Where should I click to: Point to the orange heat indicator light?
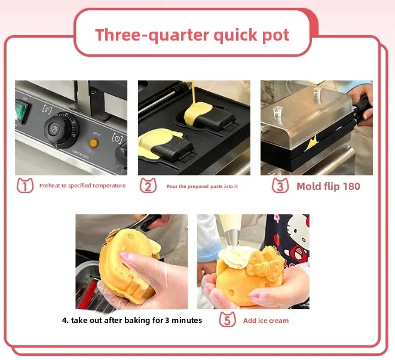click(93, 143)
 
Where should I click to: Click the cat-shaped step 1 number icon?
click(25, 186)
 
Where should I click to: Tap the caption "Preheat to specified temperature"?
click(82, 186)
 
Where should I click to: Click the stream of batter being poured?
click(195, 96)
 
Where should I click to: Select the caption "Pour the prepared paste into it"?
click(201, 186)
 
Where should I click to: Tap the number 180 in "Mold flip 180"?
click(350, 186)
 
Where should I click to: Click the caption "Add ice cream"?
click(265, 321)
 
